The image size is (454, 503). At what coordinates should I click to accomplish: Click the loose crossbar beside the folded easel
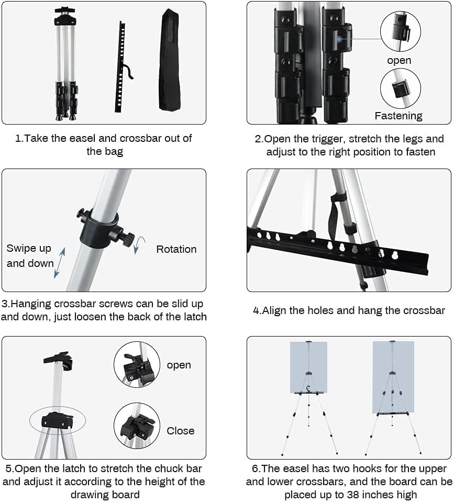click(x=122, y=66)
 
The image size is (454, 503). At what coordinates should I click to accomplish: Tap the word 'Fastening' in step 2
click(x=398, y=116)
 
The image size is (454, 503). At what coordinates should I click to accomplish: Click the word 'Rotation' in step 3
click(x=176, y=249)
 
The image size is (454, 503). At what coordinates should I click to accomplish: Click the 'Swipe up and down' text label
click(x=30, y=256)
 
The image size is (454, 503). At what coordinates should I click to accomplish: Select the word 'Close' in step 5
click(x=180, y=431)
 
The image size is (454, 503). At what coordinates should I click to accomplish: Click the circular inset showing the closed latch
click(x=137, y=425)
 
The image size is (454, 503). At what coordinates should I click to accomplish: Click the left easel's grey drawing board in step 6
click(x=308, y=366)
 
